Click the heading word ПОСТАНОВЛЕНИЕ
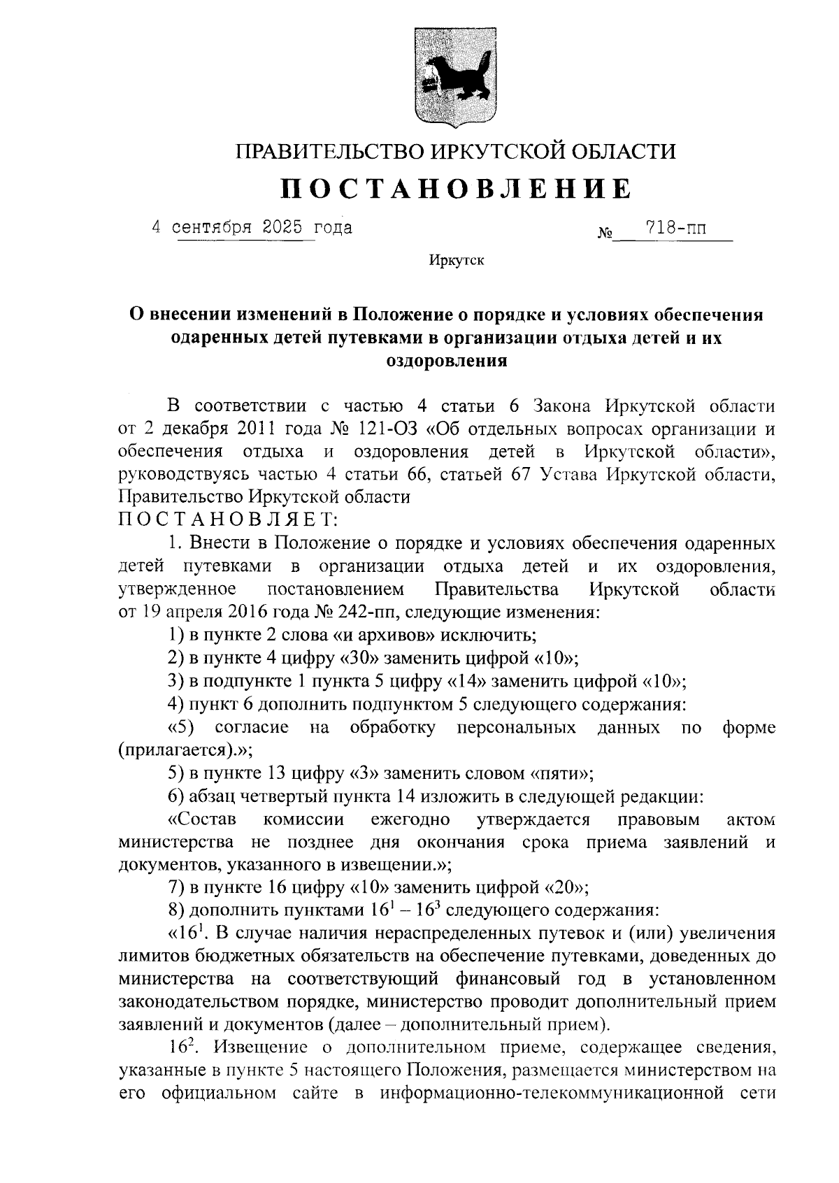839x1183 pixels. [x=456, y=189]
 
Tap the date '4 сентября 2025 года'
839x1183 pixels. [x=252, y=228]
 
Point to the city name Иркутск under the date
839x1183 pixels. [x=456, y=261]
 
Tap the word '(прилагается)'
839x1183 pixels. [x=178, y=751]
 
